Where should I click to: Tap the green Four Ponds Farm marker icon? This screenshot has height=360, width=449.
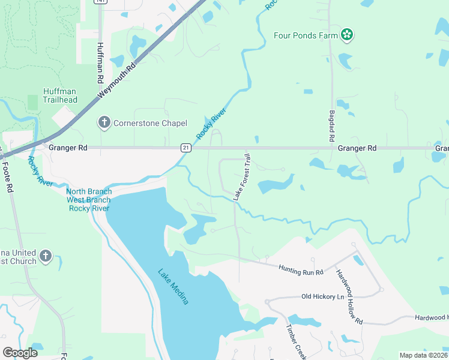[x=346, y=35]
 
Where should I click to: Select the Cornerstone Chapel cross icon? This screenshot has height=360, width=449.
[x=104, y=123]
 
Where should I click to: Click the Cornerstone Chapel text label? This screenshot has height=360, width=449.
[x=145, y=123]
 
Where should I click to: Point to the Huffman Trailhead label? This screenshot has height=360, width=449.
[x=60, y=95]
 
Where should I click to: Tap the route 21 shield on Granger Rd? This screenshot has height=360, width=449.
[x=186, y=148]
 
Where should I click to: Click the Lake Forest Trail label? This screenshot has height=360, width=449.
[x=241, y=177]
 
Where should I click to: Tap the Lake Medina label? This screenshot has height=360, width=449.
[x=173, y=286]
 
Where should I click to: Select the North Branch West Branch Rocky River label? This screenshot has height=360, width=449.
[x=89, y=200]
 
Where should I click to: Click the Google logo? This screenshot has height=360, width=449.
[x=20, y=353]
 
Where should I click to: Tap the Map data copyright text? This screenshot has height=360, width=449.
[x=423, y=355]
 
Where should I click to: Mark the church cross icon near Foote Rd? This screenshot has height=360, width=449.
[x=46, y=257]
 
